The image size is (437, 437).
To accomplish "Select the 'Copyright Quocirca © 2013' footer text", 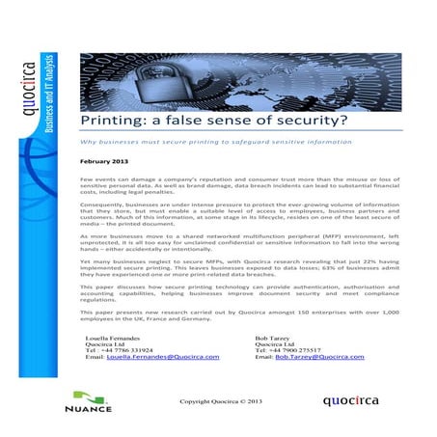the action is click(219, 397).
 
